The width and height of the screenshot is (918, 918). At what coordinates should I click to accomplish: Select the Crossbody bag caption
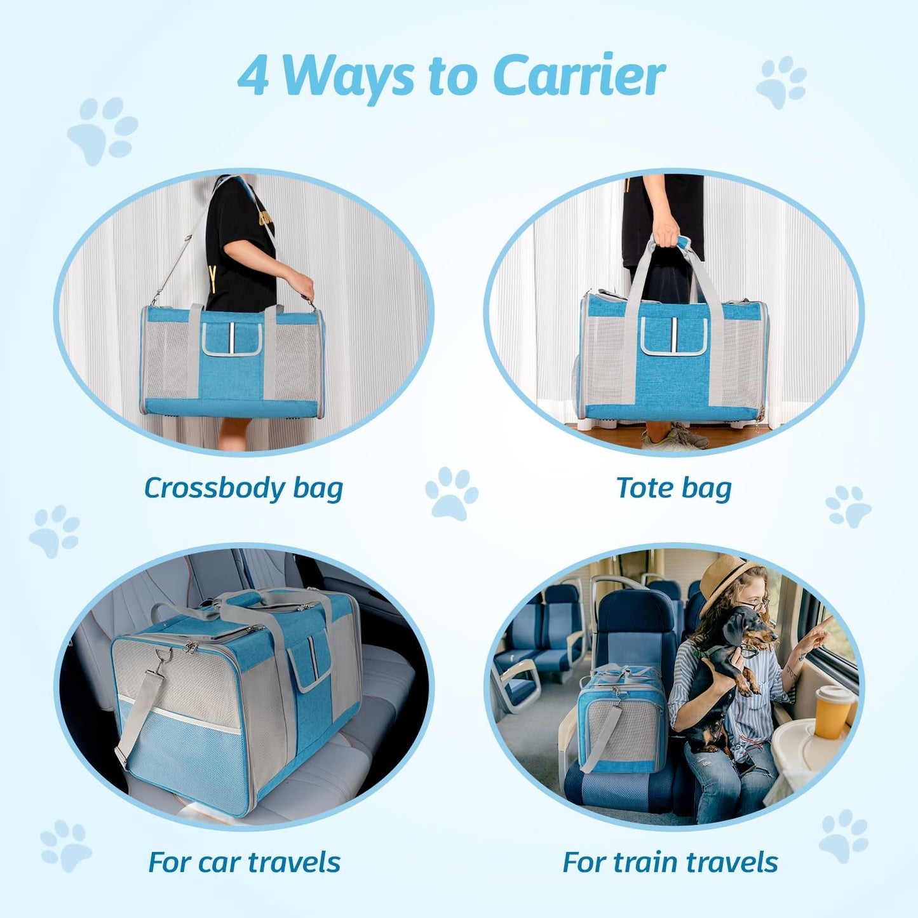click(x=243, y=489)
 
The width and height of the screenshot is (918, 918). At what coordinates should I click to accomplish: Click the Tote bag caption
click(x=673, y=489)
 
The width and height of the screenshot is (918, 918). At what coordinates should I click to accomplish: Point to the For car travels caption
click(x=244, y=863)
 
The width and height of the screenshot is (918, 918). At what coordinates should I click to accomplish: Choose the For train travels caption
click(x=670, y=863)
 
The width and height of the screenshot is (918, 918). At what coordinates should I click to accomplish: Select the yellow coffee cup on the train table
click(x=833, y=712)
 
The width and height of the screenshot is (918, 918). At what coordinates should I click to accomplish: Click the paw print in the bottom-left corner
click(x=65, y=845)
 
